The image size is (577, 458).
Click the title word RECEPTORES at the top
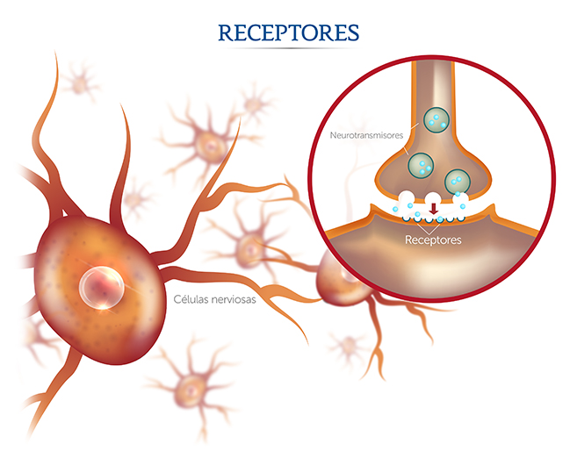[288, 32]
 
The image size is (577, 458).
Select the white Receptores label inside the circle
[432, 238]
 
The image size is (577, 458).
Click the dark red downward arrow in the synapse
[432, 209]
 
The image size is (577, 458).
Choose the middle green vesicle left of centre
[422, 163]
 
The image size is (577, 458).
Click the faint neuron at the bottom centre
[188, 384]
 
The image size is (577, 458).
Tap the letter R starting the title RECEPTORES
[225, 32]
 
